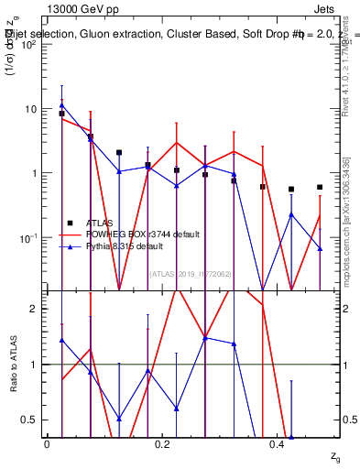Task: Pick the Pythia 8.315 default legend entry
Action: click(124, 246)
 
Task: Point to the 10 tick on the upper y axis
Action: click(33, 109)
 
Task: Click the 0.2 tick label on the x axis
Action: click(162, 443)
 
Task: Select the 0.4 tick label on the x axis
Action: click(278, 443)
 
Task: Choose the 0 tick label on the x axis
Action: click(47, 443)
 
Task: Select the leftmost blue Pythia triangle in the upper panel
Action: click(61, 105)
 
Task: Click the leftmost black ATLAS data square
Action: click(61, 114)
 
